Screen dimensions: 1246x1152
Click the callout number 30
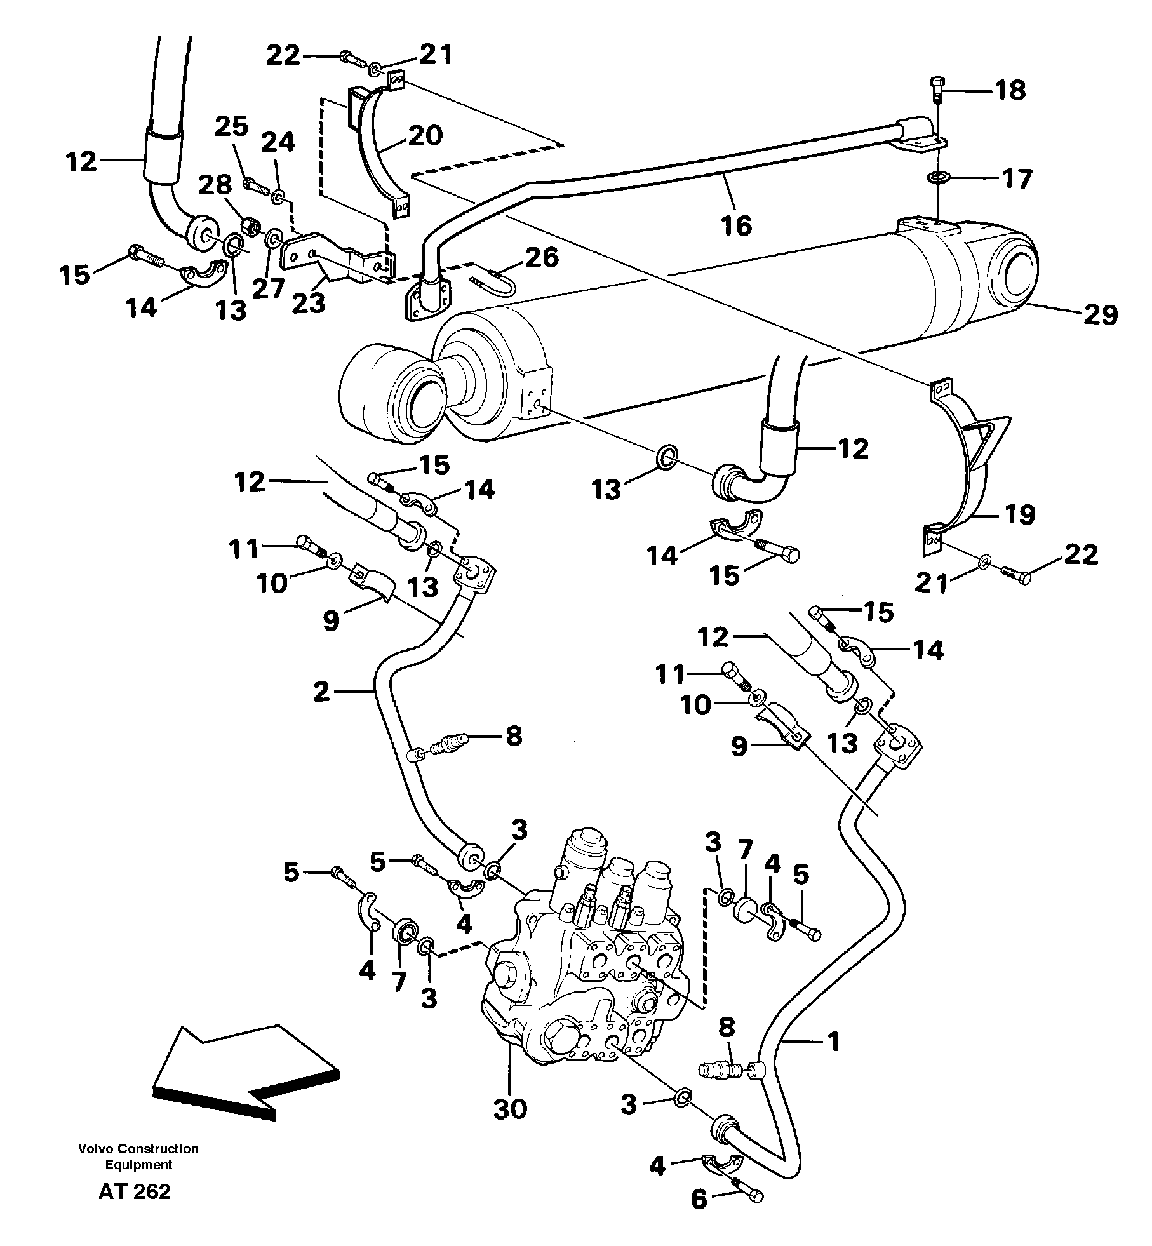[510, 1109]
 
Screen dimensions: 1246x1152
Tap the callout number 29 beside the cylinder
[1099, 314]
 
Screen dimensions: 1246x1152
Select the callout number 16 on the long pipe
[737, 225]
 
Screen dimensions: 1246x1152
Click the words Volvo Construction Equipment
[138, 1156]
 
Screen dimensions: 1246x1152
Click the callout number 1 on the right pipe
[834, 1041]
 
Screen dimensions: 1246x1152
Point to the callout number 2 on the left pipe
[322, 692]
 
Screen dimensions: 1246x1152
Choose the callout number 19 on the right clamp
[1019, 514]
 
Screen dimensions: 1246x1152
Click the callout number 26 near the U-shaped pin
[541, 257]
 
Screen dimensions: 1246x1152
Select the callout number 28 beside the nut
[215, 186]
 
